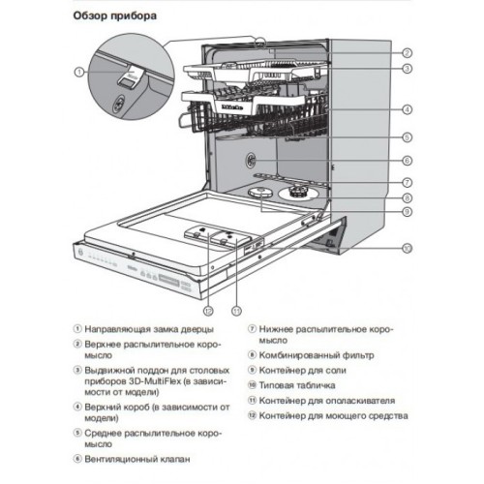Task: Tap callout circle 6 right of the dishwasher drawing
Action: click(408, 161)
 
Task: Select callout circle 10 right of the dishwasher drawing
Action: click(408, 249)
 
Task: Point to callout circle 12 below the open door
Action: click(207, 311)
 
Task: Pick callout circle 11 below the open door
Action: click(235, 311)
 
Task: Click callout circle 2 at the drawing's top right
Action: click(408, 52)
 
